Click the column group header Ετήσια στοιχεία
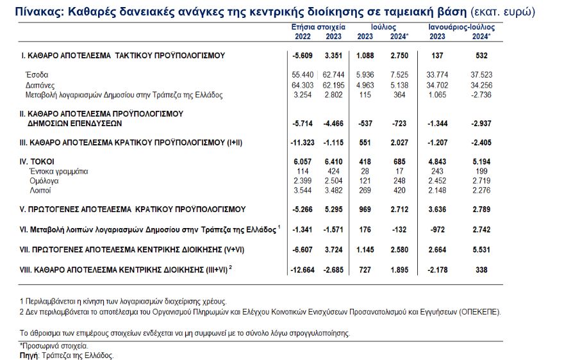[x=318, y=28]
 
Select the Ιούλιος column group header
[x=384, y=28]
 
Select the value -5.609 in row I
[x=302, y=56]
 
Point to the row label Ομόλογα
[x=43, y=181]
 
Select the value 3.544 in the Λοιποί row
[x=303, y=190]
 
